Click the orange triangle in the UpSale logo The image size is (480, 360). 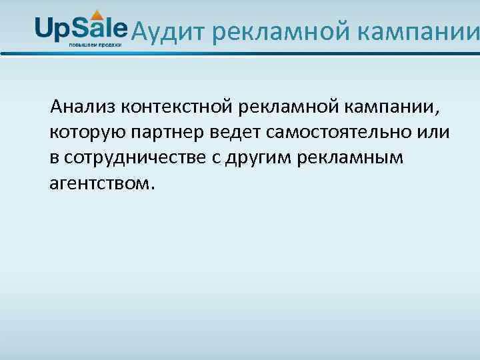[97, 14]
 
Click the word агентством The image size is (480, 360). [102, 183]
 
